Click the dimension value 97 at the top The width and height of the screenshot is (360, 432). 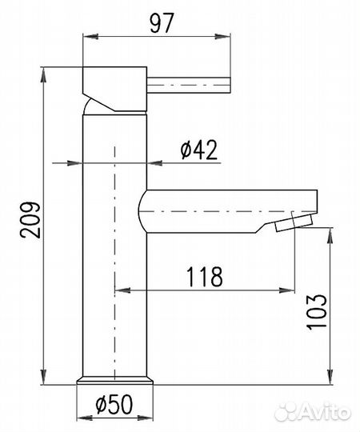coord(162,23)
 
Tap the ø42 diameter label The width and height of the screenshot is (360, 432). coord(199,150)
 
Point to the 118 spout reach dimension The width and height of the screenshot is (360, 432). coord(204,276)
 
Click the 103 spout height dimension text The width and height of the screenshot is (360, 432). coord(317,312)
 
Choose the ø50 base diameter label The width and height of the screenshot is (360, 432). coord(114,404)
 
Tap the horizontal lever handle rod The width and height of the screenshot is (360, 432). coord(189,86)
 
